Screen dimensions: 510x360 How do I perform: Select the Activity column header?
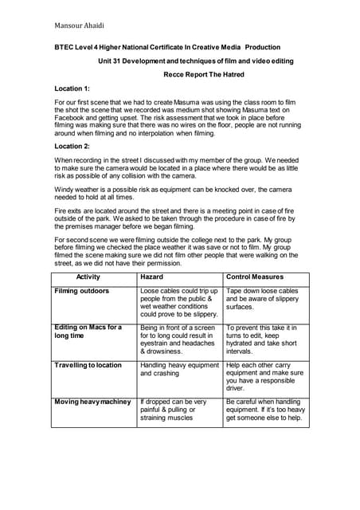[93, 277]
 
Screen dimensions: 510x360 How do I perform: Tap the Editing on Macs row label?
[88, 332]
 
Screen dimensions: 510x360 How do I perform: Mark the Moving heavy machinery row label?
[92, 402]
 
